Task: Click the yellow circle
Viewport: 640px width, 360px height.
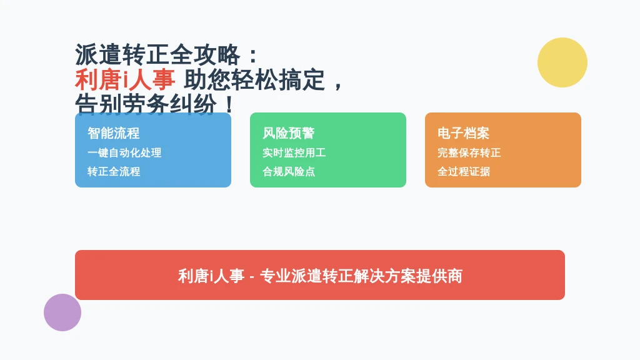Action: click(562, 62)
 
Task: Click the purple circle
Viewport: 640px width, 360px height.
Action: click(62, 312)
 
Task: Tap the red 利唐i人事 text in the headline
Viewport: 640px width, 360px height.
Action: click(125, 79)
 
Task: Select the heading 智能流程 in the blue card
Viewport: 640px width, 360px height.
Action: click(114, 133)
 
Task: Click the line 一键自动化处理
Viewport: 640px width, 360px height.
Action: click(124, 152)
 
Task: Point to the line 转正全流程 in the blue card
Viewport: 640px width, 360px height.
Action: click(114, 171)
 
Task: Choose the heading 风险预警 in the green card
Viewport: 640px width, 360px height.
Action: click(289, 133)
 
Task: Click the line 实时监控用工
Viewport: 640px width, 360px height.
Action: click(294, 152)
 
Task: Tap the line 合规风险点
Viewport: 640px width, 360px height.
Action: click(289, 171)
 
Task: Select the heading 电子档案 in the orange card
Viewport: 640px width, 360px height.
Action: click(463, 133)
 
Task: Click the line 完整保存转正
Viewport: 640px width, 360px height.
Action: click(469, 152)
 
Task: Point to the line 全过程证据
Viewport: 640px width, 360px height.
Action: click(464, 171)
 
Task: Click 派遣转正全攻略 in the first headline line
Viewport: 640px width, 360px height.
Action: click(157, 55)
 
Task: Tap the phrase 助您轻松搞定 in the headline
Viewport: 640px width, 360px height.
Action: click(254, 79)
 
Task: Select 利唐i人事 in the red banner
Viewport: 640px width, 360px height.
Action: click(211, 276)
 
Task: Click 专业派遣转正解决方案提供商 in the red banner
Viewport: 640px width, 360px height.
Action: click(361, 276)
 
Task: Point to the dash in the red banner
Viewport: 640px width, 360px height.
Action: click(252, 277)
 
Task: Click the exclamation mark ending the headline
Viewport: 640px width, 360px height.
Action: click(229, 104)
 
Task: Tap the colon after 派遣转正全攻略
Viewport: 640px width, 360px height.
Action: click(253, 56)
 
